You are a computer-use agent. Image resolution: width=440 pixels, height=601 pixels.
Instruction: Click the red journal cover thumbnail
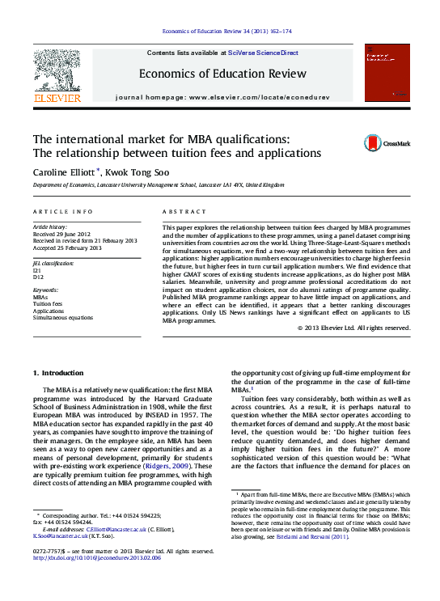(x=387, y=74)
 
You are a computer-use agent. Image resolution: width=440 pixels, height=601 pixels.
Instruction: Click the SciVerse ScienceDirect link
(x=263, y=53)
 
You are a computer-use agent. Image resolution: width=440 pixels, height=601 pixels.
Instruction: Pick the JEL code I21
(x=37, y=269)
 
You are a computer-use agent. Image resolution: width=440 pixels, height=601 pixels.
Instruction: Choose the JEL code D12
(x=38, y=276)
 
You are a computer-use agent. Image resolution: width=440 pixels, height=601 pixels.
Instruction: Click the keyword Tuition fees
(x=48, y=304)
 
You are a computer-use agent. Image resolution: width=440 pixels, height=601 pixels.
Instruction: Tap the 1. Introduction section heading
(x=57, y=373)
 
